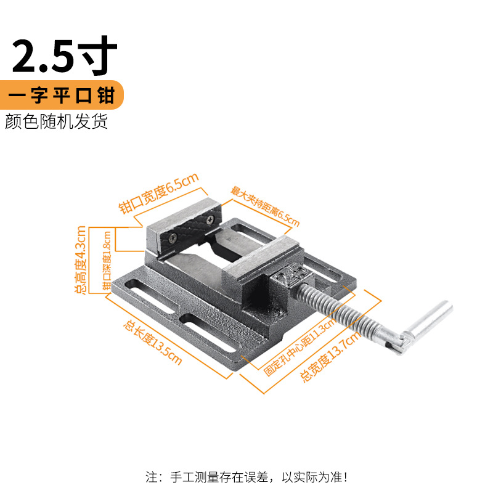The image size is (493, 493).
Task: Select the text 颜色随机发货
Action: pos(56,121)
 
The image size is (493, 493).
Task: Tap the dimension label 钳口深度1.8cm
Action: pos(107,259)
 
